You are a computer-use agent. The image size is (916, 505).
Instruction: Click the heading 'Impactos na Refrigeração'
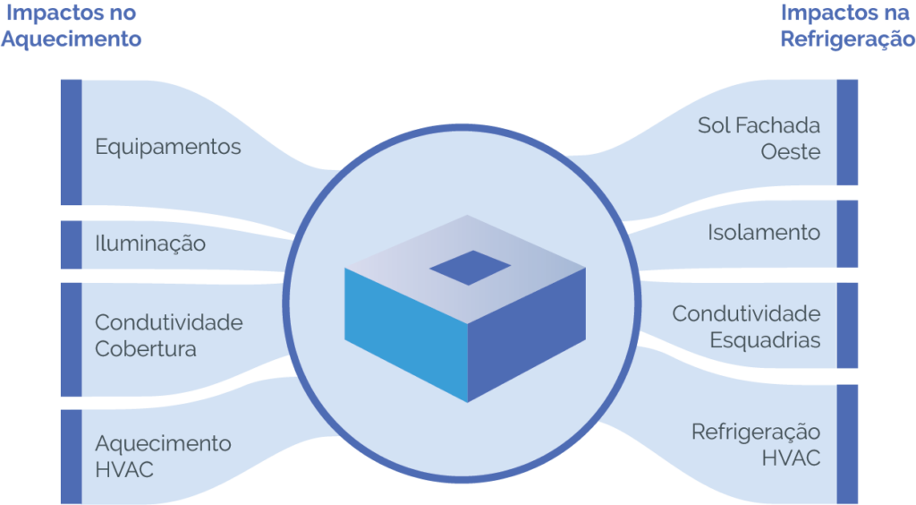tap(846, 27)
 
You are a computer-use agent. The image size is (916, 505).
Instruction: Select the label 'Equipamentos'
tap(168, 146)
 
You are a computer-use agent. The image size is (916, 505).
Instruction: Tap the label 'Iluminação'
tap(150, 243)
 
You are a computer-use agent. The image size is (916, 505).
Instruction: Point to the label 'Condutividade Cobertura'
tap(168, 335)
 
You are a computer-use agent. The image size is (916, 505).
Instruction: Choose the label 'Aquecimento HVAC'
tap(163, 456)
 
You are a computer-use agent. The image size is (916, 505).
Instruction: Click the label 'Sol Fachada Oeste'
tap(759, 138)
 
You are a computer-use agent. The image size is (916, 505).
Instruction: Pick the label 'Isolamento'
tap(764, 233)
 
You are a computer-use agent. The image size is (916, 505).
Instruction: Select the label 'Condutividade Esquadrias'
tap(746, 327)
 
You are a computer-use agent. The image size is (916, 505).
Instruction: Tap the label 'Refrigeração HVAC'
tap(756, 445)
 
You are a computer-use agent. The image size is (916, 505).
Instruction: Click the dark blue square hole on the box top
tap(470, 267)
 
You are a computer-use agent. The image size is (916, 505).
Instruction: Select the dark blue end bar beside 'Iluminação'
tap(71, 244)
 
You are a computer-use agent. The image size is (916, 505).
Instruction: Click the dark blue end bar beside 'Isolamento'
tap(847, 234)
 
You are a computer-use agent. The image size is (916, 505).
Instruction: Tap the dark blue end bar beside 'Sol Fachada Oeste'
tap(847, 132)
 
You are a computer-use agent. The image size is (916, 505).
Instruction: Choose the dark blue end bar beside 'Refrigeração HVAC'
tap(847, 444)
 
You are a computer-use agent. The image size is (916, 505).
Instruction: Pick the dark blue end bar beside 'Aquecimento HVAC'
tap(71, 457)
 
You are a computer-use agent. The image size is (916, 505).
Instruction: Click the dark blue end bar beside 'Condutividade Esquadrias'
tap(847, 325)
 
